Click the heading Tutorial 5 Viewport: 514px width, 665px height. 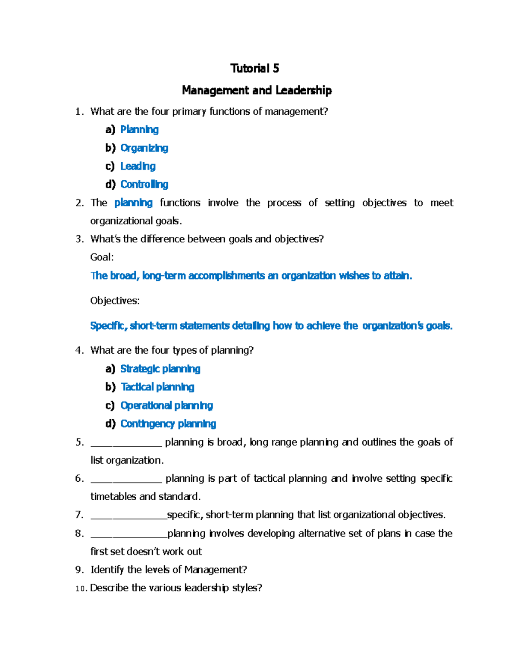point(254,69)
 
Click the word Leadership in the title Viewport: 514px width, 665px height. point(304,90)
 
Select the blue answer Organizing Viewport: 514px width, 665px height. point(144,148)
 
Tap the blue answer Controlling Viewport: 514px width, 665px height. point(144,185)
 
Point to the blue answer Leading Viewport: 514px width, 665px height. point(137,166)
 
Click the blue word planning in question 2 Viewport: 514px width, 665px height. point(133,203)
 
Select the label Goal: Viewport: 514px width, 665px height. point(102,257)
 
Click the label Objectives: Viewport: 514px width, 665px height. point(115,301)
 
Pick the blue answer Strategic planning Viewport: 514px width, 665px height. point(160,369)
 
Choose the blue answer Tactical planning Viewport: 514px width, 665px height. point(157,387)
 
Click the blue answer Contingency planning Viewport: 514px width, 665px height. point(168,424)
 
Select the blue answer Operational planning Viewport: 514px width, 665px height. point(166,406)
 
